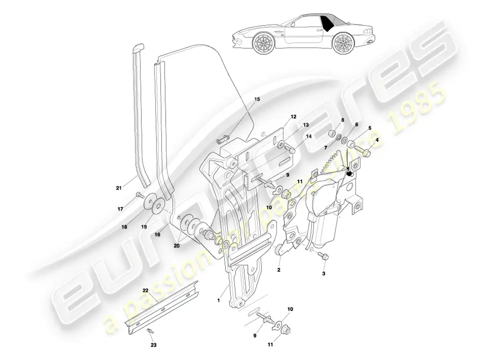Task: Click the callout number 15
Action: pos(257,99)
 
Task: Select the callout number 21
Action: pos(119,188)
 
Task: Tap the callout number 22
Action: pos(145,290)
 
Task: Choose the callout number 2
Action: pos(279,270)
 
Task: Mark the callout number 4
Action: pos(377,140)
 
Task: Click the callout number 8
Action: pos(342,120)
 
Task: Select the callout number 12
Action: pos(293,117)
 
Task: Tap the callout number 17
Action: pos(120,209)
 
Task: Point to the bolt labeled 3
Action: pos(324,256)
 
